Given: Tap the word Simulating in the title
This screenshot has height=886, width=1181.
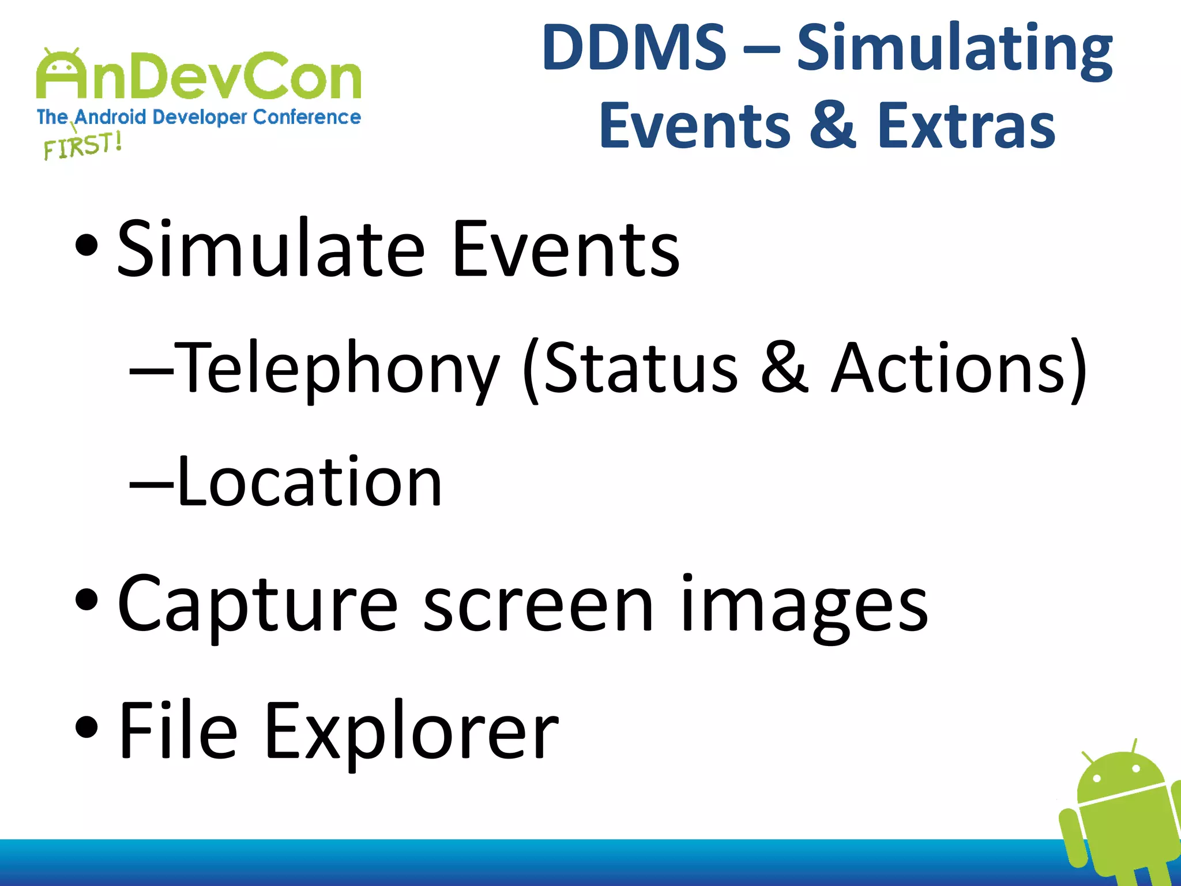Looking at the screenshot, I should click(954, 49).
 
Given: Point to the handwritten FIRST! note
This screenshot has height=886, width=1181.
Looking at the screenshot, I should click(82, 145).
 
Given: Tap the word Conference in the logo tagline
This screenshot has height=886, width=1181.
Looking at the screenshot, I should click(306, 117).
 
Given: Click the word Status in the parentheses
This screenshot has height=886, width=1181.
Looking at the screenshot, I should click(640, 368).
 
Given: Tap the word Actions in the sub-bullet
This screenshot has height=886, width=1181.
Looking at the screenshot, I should click(949, 368).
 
